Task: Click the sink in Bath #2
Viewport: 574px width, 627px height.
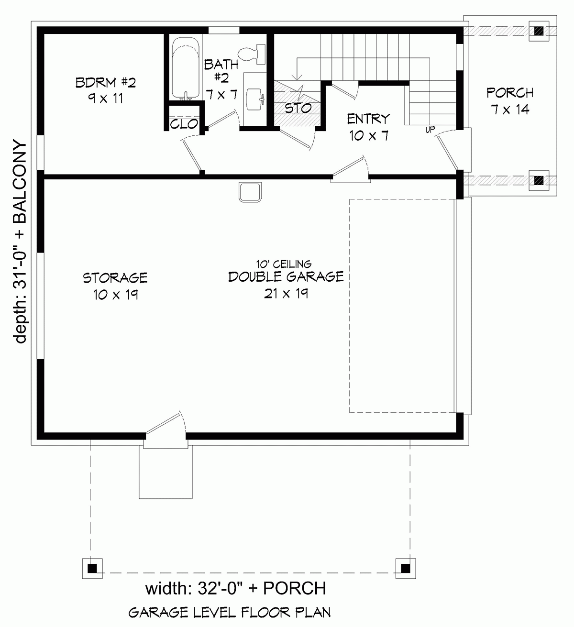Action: [x=254, y=99]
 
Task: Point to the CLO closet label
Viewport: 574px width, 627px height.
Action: [x=184, y=124]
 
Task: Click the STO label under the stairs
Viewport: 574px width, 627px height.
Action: [x=298, y=108]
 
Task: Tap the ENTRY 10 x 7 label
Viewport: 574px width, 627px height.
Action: [x=368, y=127]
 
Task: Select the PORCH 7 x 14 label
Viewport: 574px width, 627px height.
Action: [x=510, y=100]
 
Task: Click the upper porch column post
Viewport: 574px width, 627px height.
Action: [x=539, y=31]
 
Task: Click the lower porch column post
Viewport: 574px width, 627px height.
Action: [x=539, y=180]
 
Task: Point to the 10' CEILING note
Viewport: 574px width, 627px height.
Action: [x=284, y=264]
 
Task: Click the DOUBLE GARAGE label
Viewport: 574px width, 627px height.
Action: [x=286, y=276]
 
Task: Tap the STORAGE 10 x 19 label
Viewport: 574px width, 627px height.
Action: [x=115, y=286]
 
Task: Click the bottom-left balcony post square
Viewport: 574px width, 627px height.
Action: [x=92, y=568]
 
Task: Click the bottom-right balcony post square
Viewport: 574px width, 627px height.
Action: [x=405, y=568]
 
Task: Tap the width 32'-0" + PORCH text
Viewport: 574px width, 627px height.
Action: [x=235, y=588]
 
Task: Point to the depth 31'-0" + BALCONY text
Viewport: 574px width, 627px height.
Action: [x=20, y=242]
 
